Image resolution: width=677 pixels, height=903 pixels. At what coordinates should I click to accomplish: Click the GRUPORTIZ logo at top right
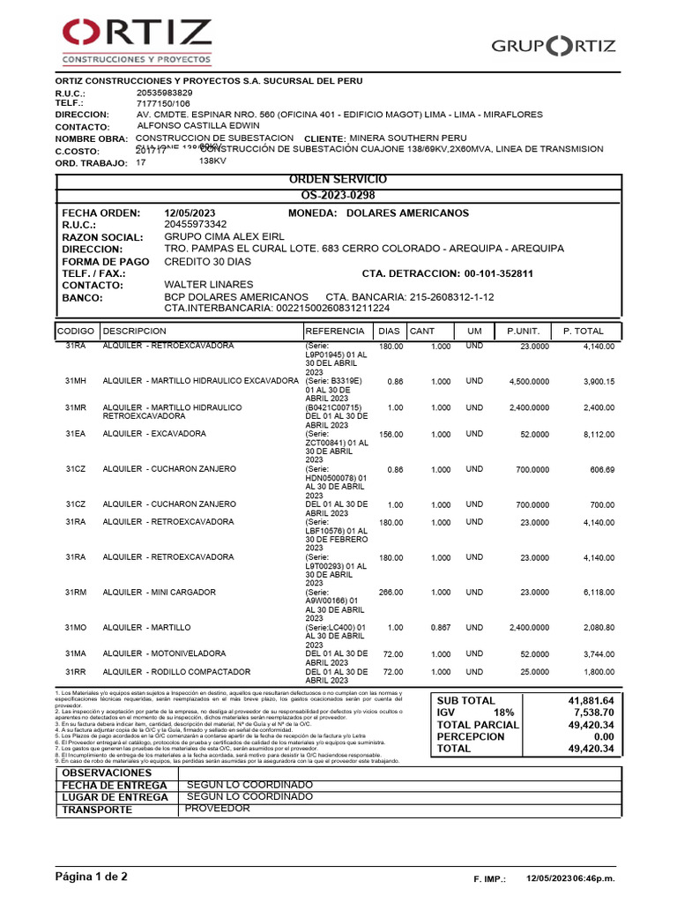coord(554,47)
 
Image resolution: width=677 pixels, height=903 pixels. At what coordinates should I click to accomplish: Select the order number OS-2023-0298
coord(338,194)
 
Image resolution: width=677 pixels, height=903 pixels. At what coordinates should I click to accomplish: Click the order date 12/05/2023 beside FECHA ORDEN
coord(190,213)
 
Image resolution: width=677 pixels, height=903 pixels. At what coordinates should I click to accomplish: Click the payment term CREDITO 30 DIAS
coord(207,261)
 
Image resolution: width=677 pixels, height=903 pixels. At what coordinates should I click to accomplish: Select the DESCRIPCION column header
coord(134,331)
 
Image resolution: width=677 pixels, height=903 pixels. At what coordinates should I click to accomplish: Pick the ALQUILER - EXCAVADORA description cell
coord(154,434)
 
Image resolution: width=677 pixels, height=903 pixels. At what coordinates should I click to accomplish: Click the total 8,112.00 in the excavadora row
coord(599,434)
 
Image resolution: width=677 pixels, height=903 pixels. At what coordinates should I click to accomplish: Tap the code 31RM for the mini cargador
coord(76,593)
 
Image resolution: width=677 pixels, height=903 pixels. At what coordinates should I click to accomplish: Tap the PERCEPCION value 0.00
coord(602,736)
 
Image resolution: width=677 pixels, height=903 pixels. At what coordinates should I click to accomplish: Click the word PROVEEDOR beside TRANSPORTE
coord(217,808)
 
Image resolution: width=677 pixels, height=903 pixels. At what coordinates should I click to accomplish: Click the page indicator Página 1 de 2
coord(92,877)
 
